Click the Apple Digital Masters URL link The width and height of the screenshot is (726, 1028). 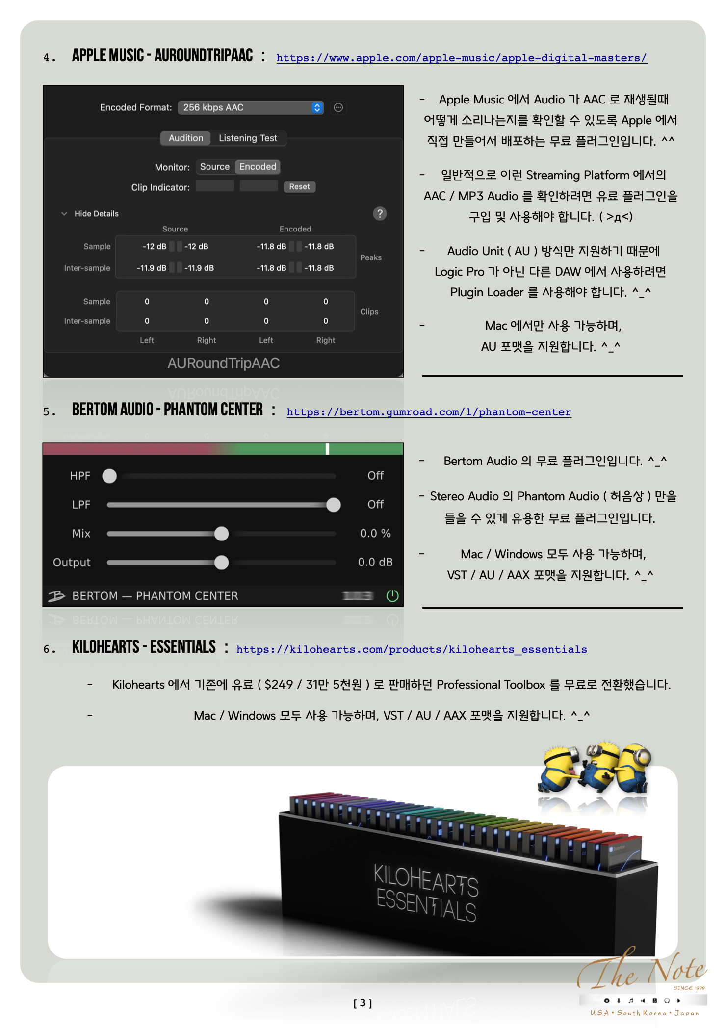pos(461,58)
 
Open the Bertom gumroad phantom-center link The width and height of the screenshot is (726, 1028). pos(429,412)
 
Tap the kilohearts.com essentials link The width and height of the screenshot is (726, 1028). pos(412,650)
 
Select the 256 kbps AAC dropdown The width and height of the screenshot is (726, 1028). pos(251,107)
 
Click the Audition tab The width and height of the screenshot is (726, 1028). pos(186,138)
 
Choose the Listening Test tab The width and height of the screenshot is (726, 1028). pos(248,138)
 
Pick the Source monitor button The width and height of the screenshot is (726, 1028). pos(215,167)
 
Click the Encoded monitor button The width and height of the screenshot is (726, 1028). pos(258,167)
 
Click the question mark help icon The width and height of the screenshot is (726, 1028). pos(380,213)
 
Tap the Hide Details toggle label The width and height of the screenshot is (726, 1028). pos(96,214)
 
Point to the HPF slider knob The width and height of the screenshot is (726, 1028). pos(109,476)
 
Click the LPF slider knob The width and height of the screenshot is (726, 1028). pos(334,505)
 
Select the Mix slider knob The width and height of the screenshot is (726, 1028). pos(222,534)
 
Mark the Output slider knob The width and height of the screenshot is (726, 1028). pos(222,563)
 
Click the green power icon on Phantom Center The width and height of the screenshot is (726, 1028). pos(392,596)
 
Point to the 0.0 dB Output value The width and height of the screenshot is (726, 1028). pos(375,563)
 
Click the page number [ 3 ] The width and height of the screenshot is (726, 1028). pos(363,1003)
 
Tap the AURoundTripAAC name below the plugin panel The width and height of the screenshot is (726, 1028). pos(223,363)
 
